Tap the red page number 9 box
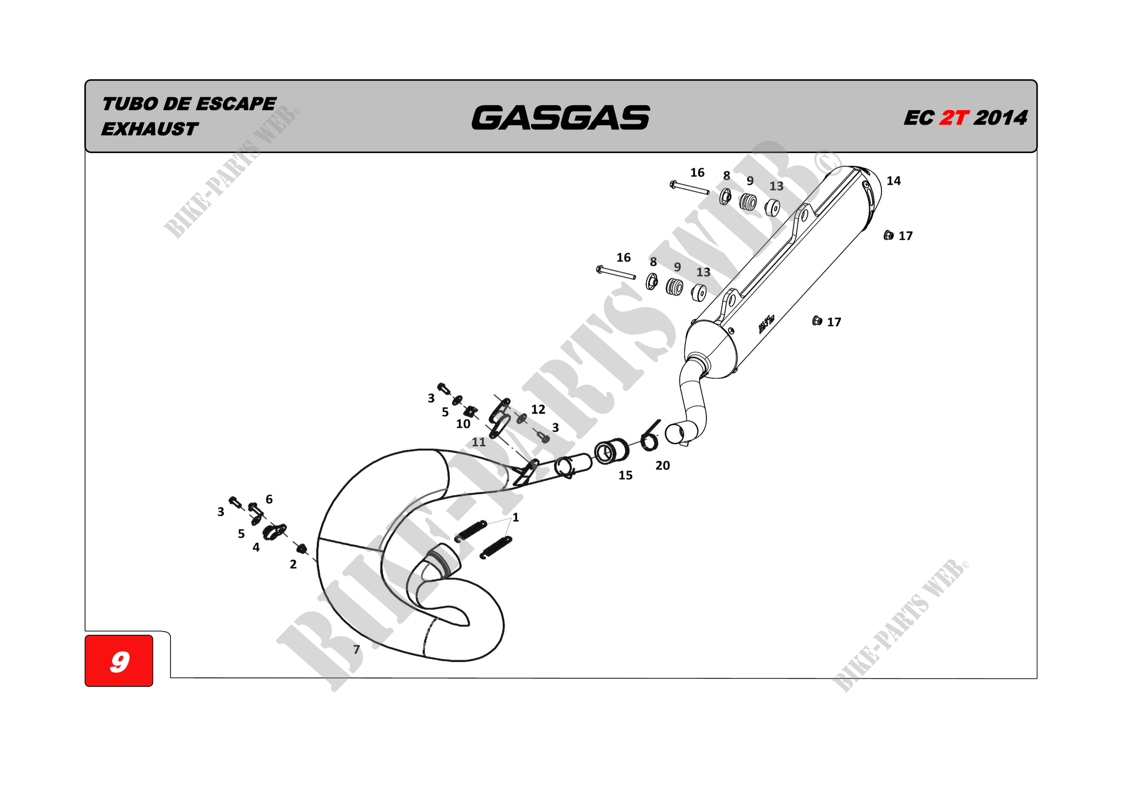[119, 661]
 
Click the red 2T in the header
[954, 118]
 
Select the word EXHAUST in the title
[149, 129]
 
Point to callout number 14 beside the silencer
[893, 181]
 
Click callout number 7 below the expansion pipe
[357, 650]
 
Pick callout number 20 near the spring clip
[662, 465]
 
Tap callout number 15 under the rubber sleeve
[625, 475]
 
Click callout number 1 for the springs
[515, 518]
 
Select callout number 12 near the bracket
[538, 409]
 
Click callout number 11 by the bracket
[479, 442]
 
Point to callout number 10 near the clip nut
[463, 424]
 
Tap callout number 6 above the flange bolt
[269, 499]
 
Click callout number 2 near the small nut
[293, 564]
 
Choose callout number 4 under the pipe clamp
[256, 547]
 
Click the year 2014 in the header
[1000, 118]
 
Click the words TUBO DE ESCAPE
[189, 104]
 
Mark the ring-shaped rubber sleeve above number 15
[612, 451]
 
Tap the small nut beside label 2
[302, 548]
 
